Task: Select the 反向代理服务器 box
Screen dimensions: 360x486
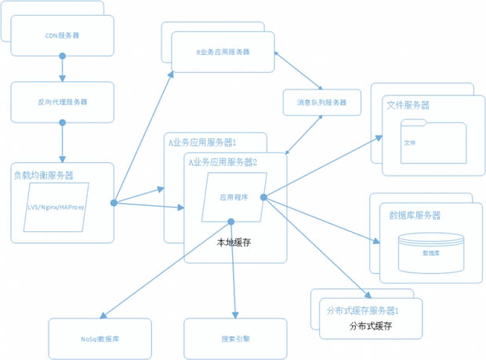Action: click(x=62, y=102)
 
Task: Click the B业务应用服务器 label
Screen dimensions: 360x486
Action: click(x=223, y=52)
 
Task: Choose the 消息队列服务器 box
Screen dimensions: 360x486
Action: click(x=321, y=103)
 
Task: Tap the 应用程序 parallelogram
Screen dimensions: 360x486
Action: click(x=233, y=198)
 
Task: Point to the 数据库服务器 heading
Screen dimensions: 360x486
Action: click(x=415, y=215)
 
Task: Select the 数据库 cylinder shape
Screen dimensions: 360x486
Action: click(x=430, y=251)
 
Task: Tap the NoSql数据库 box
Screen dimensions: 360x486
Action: click(x=100, y=338)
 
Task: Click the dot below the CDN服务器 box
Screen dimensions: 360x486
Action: click(x=62, y=56)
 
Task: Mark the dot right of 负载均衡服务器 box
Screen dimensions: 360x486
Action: click(x=114, y=203)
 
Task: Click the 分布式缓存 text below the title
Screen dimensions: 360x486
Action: click(x=370, y=325)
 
